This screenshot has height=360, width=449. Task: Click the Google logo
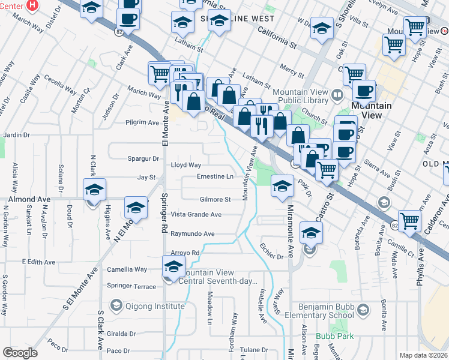[20, 353]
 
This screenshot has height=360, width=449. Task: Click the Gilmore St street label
[215, 199]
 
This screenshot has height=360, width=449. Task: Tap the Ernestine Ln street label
[215, 177]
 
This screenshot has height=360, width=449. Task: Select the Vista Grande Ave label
[196, 214]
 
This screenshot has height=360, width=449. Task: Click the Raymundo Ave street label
[192, 234]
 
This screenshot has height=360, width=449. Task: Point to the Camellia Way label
[127, 270]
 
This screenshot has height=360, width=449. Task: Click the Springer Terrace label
[131, 287]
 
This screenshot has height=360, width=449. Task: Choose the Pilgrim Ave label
[142, 122]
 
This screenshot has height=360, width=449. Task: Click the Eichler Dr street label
[271, 257]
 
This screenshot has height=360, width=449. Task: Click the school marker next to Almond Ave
[94, 190]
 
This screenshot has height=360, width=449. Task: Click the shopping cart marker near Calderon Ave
[409, 221]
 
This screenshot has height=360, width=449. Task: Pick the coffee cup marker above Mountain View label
[364, 91]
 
